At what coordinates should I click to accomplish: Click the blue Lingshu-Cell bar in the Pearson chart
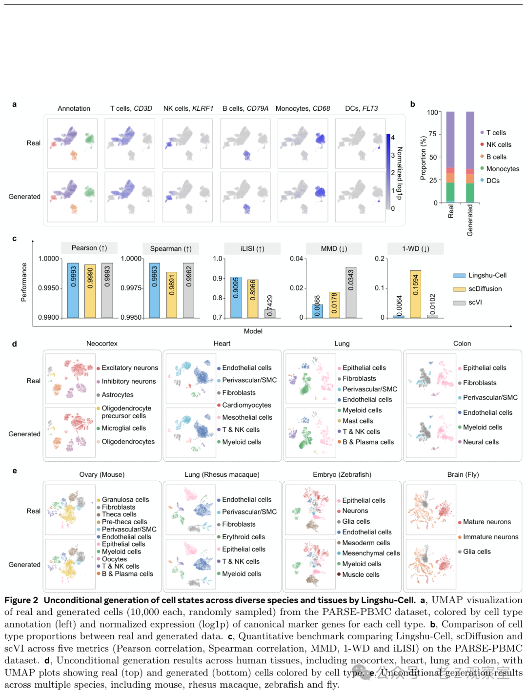coord(73,290)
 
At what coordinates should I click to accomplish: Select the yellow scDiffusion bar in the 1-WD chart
coord(415,294)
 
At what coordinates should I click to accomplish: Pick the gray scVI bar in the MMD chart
coord(351,292)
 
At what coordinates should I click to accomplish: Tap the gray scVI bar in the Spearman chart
coord(188,290)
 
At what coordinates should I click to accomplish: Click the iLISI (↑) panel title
coord(252,248)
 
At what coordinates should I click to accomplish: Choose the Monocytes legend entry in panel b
coord(502,169)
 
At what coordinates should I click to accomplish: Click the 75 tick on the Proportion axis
coord(432,134)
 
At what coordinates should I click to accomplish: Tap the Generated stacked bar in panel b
coord(470,157)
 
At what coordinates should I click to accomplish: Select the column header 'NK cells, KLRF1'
coord(188,108)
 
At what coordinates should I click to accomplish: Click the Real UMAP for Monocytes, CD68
coord(303,143)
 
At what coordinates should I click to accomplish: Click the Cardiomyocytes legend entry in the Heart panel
coord(246,405)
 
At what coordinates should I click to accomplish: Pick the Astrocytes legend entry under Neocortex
coord(117,395)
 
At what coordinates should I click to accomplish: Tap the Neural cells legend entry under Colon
coord(481,442)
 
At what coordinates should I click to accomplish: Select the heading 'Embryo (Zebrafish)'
coord(342,474)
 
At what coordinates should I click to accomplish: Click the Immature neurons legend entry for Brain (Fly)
coord(490,537)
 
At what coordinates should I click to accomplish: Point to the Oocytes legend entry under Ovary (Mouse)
coord(114,559)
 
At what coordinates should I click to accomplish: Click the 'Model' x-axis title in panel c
coord(253,331)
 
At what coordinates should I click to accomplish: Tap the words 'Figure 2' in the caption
coord(21,600)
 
